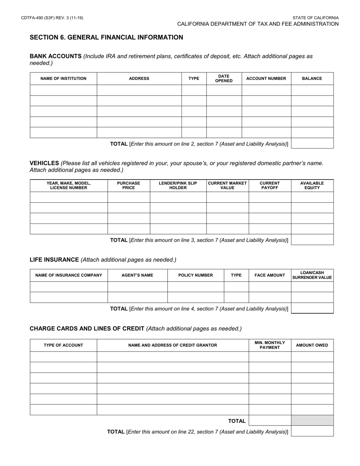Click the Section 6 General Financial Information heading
[x=106, y=37]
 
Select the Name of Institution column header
[x=63, y=78]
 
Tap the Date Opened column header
[x=224, y=78]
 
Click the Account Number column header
[x=266, y=78]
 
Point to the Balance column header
[x=312, y=78]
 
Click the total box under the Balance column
[x=312, y=143]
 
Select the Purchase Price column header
[x=128, y=185]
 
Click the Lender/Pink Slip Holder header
[x=178, y=185]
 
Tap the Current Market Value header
[x=227, y=185]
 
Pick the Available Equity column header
[x=312, y=185]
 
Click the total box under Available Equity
[x=312, y=239]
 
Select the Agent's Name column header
[x=137, y=275]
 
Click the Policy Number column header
[x=196, y=275]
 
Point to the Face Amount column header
[x=269, y=275]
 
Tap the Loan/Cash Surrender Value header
[x=312, y=275]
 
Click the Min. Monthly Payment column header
[x=269, y=345]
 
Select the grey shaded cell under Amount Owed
[x=312, y=421]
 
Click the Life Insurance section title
[x=54, y=260]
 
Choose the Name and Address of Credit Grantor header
[x=172, y=345]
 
